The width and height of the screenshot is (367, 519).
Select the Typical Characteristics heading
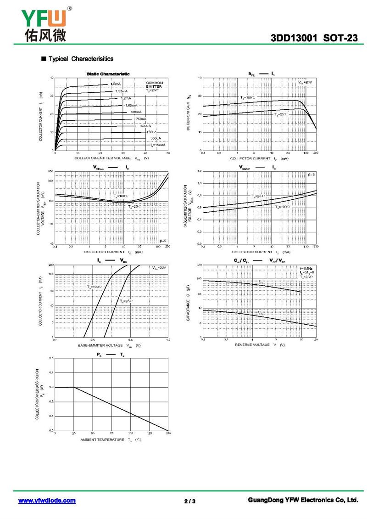(81, 59)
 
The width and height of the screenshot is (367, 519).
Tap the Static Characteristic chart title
(108, 74)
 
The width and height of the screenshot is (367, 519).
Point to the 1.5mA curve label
(115, 84)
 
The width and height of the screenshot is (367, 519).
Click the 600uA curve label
(145, 126)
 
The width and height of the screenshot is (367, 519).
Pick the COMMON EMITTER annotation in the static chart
(155, 86)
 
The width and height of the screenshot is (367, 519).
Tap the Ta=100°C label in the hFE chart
(248, 98)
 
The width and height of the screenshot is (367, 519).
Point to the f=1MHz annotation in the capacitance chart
(307, 268)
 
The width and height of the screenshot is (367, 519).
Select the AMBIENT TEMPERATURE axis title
(111, 440)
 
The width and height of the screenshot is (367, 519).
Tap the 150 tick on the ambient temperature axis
(168, 433)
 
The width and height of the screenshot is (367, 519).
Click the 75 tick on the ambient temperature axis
(111, 433)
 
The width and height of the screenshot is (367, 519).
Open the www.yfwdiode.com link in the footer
(47, 500)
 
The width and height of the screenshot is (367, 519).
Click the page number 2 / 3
(190, 501)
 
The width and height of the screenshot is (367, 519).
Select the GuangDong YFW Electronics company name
(302, 500)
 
